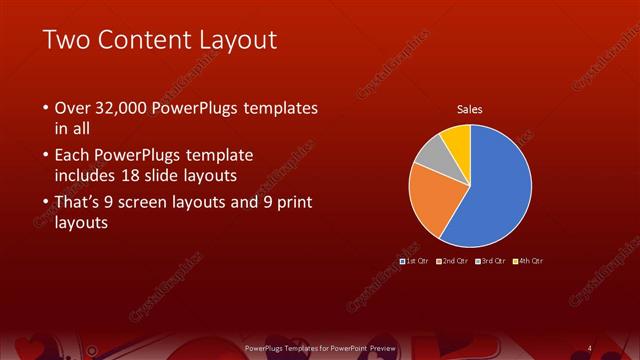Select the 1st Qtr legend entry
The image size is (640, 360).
(414, 260)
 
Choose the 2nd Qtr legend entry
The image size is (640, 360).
(453, 260)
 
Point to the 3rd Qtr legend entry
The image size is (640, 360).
(491, 260)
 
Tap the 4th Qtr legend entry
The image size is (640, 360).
(528, 260)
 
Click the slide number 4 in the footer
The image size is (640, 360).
(589, 348)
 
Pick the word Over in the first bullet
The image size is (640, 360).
(71, 108)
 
